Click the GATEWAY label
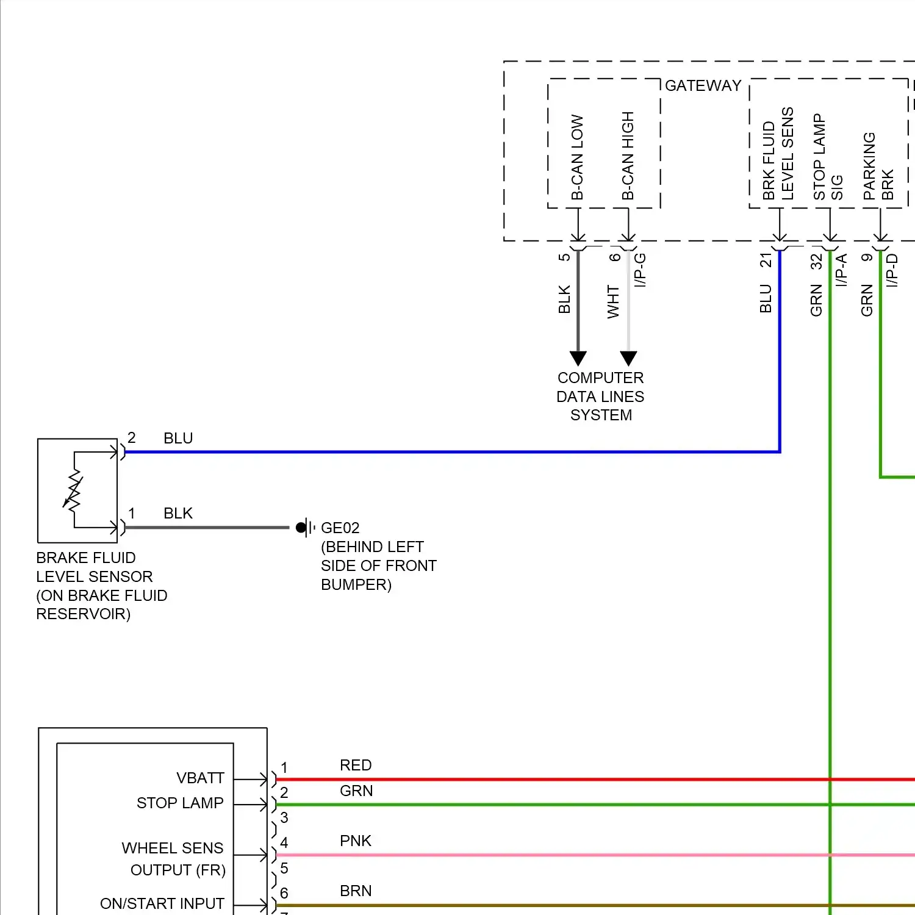pyautogui.click(x=703, y=85)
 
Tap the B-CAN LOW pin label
pyautogui.click(x=577, y=157)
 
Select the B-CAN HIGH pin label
pyautogui.click(x=628, y=156)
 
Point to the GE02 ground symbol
pyautogui.click(x=306, y=527)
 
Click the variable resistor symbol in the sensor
pyautogui.click(x=73, y=489)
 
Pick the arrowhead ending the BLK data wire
pyautogui.click(x=578, y=358)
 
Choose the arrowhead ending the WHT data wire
pyautogui.click(x=628, y=358)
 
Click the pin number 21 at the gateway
pyautogui.click(x=766, y=260)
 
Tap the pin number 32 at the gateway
pyautogui.click(x=816, y=261)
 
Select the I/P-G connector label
pyautogui.click(x=640, y=270)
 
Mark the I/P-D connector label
pyautogui.click(x=892, y=270)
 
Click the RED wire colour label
pyautogui.click(x=356, y=765)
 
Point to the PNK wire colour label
pyautogui.click(x=356, y=841)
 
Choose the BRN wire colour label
pyautogui.click(x=356, y=891)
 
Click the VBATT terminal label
pyautogui.click(x=200, y=778)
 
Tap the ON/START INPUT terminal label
pyautogui.click(x=162, y=903)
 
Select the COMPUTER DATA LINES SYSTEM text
pyautogui.click(x=600, y=396)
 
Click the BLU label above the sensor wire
pyautogui.click(x=178, y=438)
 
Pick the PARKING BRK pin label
pyautogui.click(x=878, y=166)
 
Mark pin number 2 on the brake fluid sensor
pyautogui.click(x=132, y=437)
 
